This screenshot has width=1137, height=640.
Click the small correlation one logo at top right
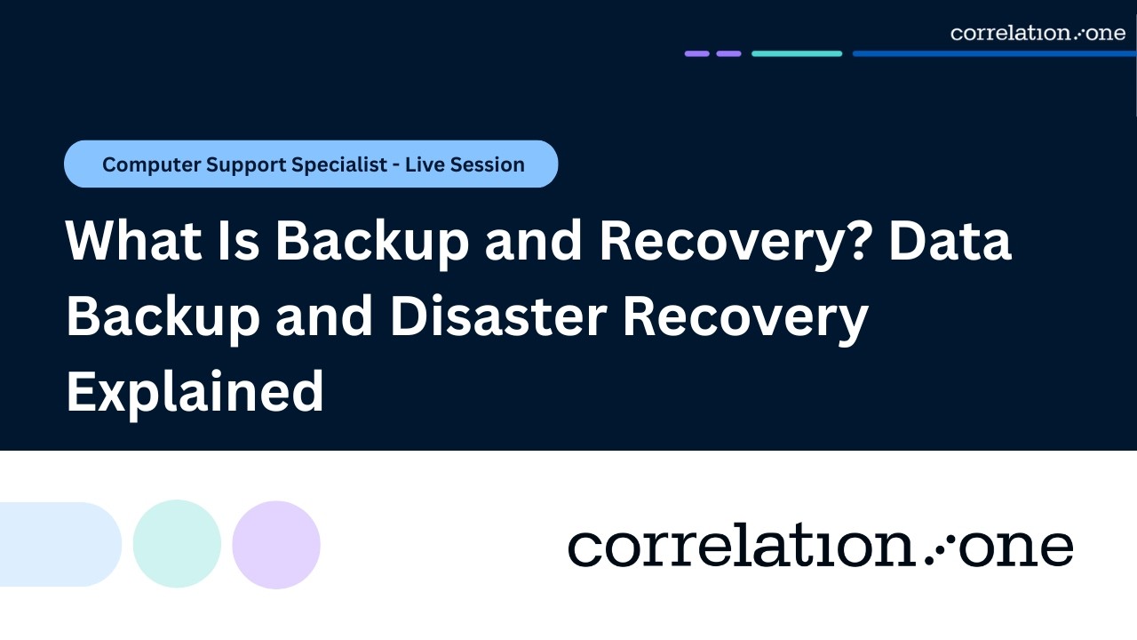click(1038, 33)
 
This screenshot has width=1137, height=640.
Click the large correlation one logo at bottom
click(820, 547)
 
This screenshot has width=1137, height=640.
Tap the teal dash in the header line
click(796, 53)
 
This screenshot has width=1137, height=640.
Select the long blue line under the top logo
click(994, 53)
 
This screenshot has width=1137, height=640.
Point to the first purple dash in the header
click(696, 53)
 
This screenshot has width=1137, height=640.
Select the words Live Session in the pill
click(465, 164)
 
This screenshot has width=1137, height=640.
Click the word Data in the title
click(950, 241)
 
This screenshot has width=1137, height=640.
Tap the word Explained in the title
click(195, 392)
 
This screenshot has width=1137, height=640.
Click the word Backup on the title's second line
click(162, 317)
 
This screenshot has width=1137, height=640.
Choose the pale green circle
click(177, 544)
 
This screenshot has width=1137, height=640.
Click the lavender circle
click(276, 544)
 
